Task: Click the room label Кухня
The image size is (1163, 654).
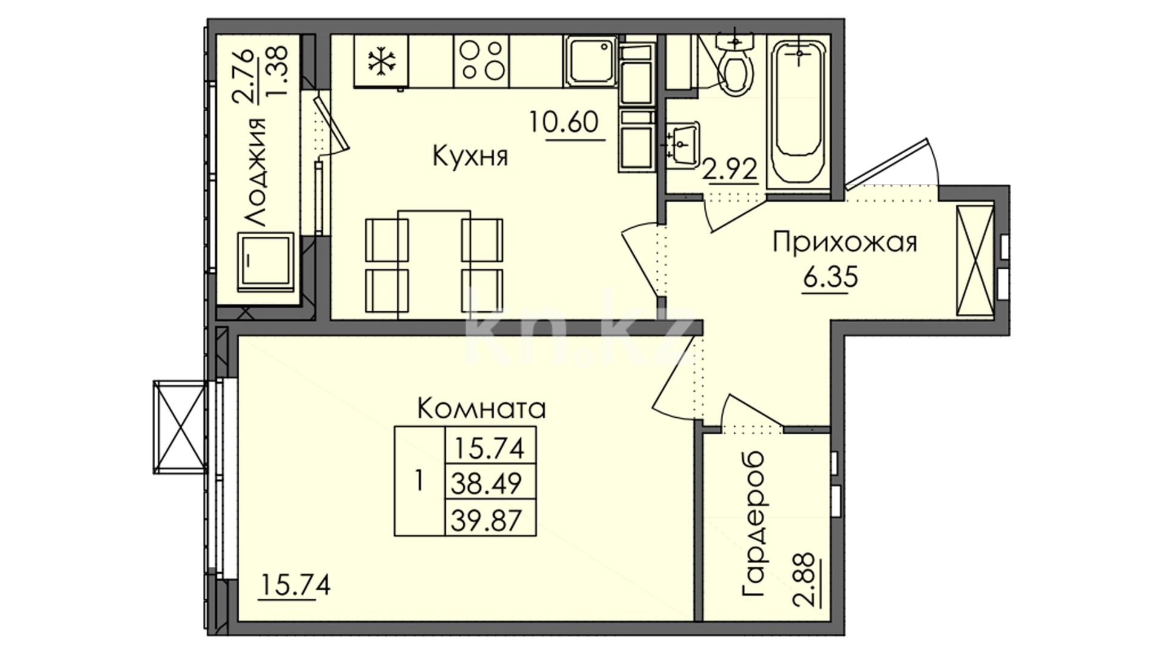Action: pyautogui.click(x=470, y=157)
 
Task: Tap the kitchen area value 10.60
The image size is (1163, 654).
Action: pyautogui.click(x=564, y=122)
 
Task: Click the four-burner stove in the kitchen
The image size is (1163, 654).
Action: pyautogui.click(x=482, y=61)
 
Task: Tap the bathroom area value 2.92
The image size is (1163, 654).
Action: pyautogui.click(x=729, y=170)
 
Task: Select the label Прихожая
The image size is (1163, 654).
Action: pyautogui.click(x=845, y=243)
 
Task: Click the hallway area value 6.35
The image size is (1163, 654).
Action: pyautogui.click(x=830, y=277)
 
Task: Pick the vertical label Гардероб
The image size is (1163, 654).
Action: pyautogui.click(x=754, y=524)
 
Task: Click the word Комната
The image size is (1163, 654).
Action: pyautogui.click(x=482, y=409)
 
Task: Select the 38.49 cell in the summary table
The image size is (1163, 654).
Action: pyautogui.click(x=486, y=483)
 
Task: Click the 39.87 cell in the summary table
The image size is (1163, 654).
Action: pyautogui.click(x=486, y=519)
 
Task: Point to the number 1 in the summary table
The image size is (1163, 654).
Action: pyautogui.click(x=419, y=482)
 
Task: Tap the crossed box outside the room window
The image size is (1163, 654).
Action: pyautogui.click(x=179, y=426)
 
